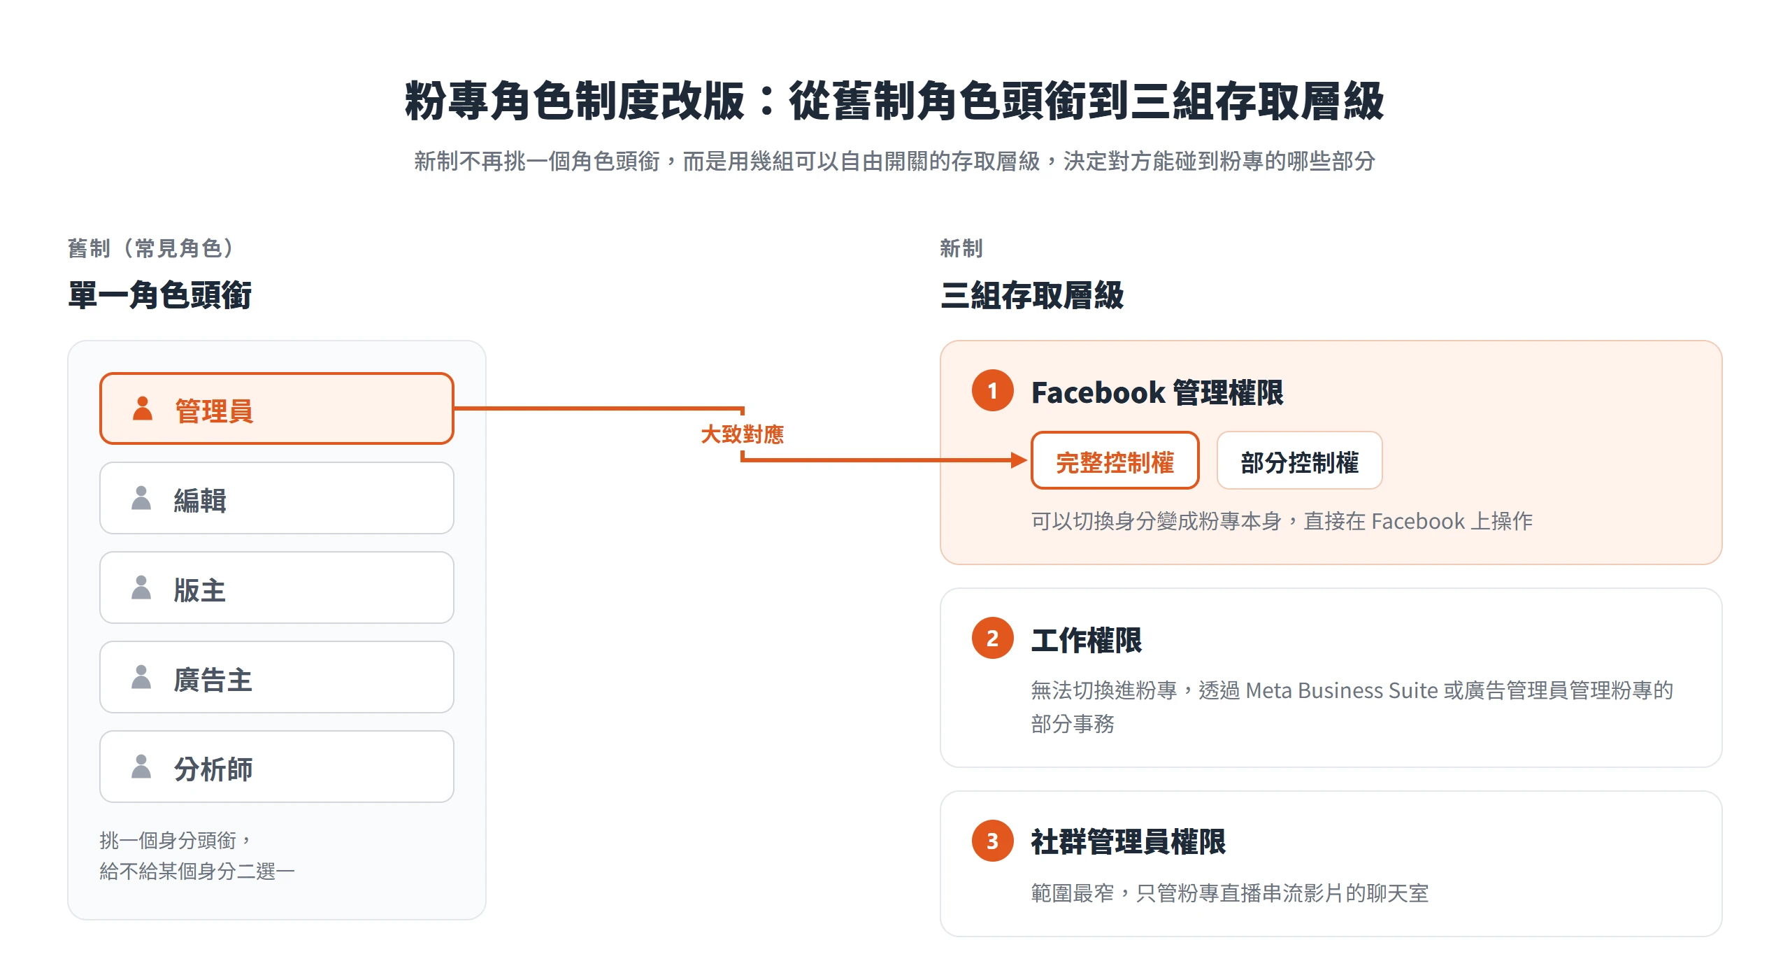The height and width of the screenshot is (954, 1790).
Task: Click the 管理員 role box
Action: click(277, 408)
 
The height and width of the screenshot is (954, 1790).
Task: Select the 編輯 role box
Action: click(277, 498)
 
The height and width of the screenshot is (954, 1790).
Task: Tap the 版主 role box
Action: click(277, 588)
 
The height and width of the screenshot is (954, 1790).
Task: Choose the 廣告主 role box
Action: click(277, 677)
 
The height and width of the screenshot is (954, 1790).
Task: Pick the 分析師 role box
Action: click(277, 767)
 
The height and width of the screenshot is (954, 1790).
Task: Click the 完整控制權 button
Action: click(1115, 460)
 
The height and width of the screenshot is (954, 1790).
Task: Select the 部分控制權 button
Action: click(1300, 460)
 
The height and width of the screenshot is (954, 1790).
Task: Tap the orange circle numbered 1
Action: click(992, 390)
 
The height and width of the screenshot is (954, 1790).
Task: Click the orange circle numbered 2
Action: click(992, 638)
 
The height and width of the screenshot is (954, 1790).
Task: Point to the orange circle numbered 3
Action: click(992, 841)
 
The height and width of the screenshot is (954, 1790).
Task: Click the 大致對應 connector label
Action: click(743, 434)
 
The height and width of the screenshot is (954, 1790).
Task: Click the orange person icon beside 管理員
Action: click(143, 408)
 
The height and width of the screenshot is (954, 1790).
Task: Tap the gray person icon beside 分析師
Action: click(141, 767)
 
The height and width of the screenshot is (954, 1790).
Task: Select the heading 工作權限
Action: click(1087, 640)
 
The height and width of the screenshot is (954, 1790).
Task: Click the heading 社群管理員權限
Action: click(1129, 841)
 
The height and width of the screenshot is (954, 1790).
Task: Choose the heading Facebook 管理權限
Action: click(1157, 392)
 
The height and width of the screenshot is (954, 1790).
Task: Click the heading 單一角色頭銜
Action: click(159, 294)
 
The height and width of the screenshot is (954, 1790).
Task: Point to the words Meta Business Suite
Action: click(1342, 690)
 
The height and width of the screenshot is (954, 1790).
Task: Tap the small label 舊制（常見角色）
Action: click(151, 248)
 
